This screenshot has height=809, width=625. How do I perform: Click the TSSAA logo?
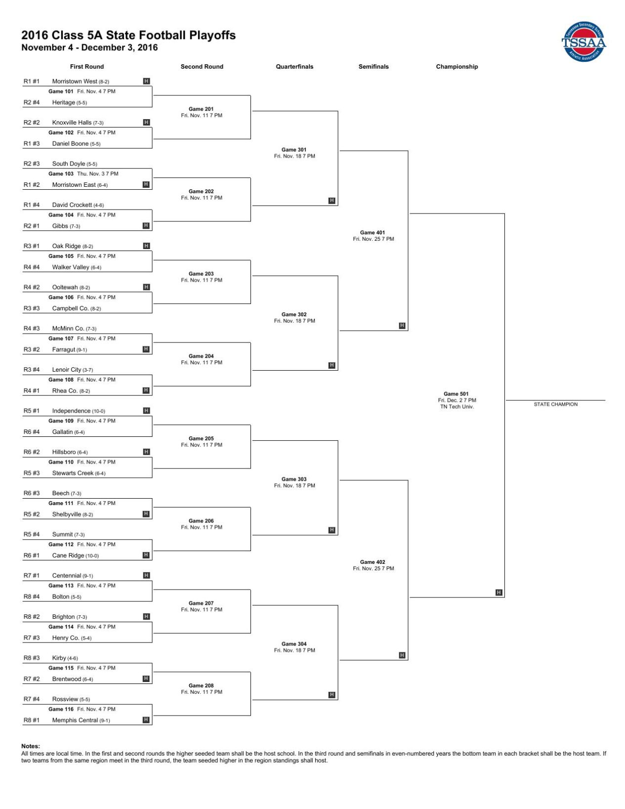[x=583, y=42]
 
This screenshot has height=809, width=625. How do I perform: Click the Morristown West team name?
[x=75, y=82]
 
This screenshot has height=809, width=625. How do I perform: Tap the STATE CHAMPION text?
[x=555, y=404]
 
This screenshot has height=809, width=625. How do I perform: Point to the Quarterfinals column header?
[x=294, y=67]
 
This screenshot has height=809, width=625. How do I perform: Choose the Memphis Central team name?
[x=75, y=720]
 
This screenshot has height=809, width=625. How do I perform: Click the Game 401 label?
[x=373, y=232]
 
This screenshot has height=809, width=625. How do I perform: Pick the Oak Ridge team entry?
[x=66, y=246]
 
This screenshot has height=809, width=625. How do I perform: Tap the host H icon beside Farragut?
[x=146, y=349]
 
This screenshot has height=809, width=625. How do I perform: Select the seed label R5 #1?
[x=32, y=411]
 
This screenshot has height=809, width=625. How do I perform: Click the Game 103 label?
[x=61, y=174]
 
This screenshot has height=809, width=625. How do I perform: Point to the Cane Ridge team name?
[x=68, y=555]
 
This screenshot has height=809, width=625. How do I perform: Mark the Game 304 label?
[x=294, y=644]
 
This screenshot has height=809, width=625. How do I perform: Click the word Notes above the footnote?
[x=31, y=746]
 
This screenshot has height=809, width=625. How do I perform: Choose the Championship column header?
[x=457, y=67]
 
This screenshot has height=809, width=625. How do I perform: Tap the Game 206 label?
[x=201, y=521]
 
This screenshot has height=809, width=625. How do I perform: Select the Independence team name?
[x=71, y=411]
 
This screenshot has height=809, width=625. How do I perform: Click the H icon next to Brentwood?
[x=146, y=679]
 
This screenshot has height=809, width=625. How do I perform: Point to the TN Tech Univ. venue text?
[x=457, y=407]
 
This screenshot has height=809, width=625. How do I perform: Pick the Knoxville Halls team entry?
[x=72, y=123]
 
